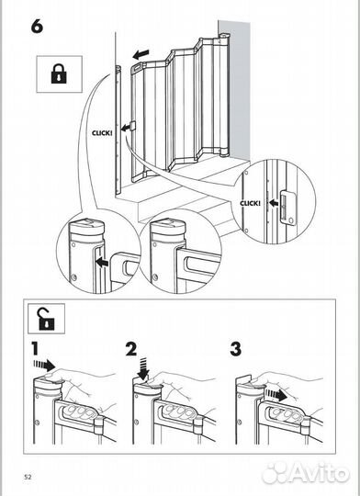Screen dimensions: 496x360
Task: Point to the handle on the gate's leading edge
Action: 132,126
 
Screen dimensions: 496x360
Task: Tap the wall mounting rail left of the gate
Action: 118,129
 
